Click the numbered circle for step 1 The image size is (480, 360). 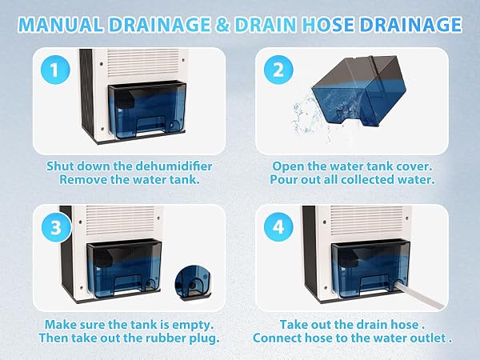click(55, 70)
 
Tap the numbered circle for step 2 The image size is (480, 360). click(278, 70)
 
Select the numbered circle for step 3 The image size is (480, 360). click(56, 227)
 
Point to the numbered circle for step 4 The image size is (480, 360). click(278, 227)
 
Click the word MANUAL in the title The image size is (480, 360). click(61, 25)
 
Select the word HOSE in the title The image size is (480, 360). click(327, 25)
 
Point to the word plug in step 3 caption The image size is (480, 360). click(204, 338)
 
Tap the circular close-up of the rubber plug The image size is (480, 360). click(193, 282)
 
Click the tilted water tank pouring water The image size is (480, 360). click(359, 90)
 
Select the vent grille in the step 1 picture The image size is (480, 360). click(142, 62)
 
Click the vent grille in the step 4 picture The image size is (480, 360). click(366, 220)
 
